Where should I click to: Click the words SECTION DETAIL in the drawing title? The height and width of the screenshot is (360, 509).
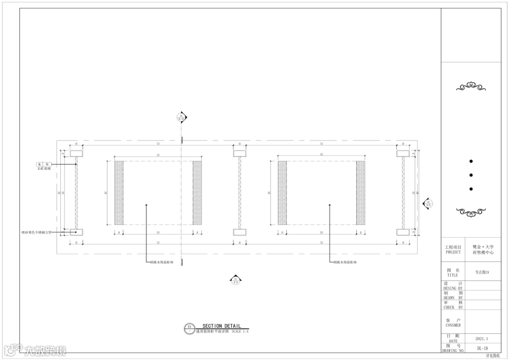point(222,326)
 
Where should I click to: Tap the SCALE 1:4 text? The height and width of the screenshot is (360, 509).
point(240,331)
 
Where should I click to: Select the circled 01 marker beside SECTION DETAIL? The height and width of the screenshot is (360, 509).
point(189,327)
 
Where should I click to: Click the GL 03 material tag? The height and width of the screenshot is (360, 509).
point(44,164)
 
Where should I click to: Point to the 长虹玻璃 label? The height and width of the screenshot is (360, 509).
point(44,168)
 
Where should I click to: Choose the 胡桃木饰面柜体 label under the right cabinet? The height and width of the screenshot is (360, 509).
point(345,262)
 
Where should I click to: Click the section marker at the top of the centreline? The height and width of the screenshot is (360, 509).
point(181,117)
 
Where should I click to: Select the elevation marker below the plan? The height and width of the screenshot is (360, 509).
point(235,280)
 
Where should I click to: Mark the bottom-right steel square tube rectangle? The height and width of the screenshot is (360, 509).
point(403,232)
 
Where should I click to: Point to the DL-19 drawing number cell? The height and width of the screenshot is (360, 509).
point(482,349)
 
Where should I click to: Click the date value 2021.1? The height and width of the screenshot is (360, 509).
point(482,339)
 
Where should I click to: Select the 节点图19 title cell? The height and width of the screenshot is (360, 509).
point(482,272)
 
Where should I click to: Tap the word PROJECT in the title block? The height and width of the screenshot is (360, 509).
point(453,252)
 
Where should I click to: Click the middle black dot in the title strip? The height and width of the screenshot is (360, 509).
point(471,175)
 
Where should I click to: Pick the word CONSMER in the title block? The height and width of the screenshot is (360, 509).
point(453,325)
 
